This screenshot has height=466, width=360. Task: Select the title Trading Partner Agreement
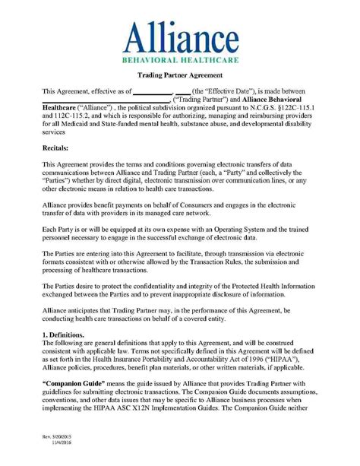[179, 75]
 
